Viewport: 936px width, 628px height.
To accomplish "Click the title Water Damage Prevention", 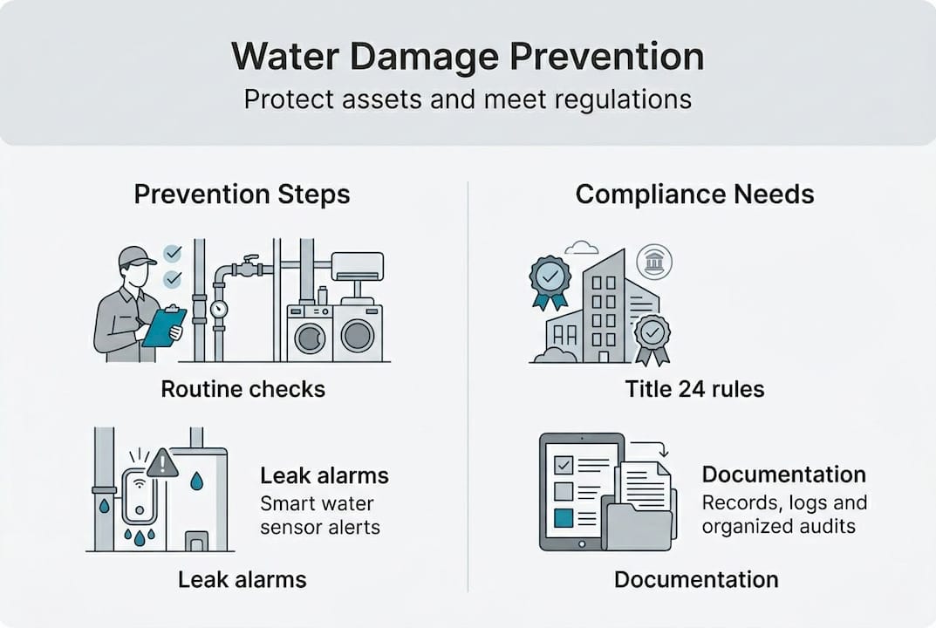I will (468, 58).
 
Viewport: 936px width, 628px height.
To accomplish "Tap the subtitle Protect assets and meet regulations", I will (468, 99).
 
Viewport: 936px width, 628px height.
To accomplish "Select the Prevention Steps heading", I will (242, 194).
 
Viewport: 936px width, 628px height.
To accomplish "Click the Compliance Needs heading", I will (694, 194).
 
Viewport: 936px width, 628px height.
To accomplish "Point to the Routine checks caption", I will (243, 388).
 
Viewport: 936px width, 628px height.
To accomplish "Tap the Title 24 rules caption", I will (694, 388).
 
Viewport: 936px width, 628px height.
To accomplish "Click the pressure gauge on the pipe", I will (218, 309).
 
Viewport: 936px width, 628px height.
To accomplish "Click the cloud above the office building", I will (582, 248).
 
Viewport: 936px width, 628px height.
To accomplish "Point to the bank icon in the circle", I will (654, 261).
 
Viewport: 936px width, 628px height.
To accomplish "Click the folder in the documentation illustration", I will (639, 529).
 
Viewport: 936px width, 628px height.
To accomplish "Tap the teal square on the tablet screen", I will (564, 518).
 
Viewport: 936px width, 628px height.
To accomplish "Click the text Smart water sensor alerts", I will (319, 515).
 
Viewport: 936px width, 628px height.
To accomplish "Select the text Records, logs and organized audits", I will (783, 515).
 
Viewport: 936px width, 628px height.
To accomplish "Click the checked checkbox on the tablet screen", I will (564, 463).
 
